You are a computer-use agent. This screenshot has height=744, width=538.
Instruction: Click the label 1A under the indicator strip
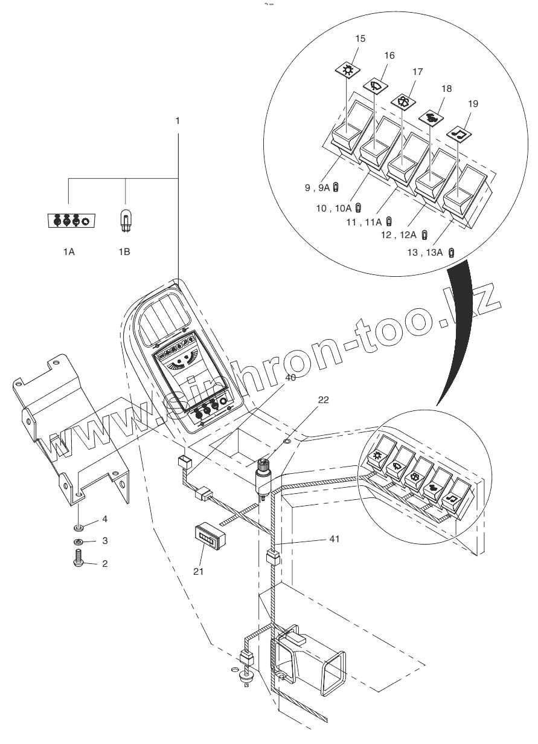(68, 251)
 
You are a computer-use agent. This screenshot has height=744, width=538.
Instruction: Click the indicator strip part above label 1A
(69, 221)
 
